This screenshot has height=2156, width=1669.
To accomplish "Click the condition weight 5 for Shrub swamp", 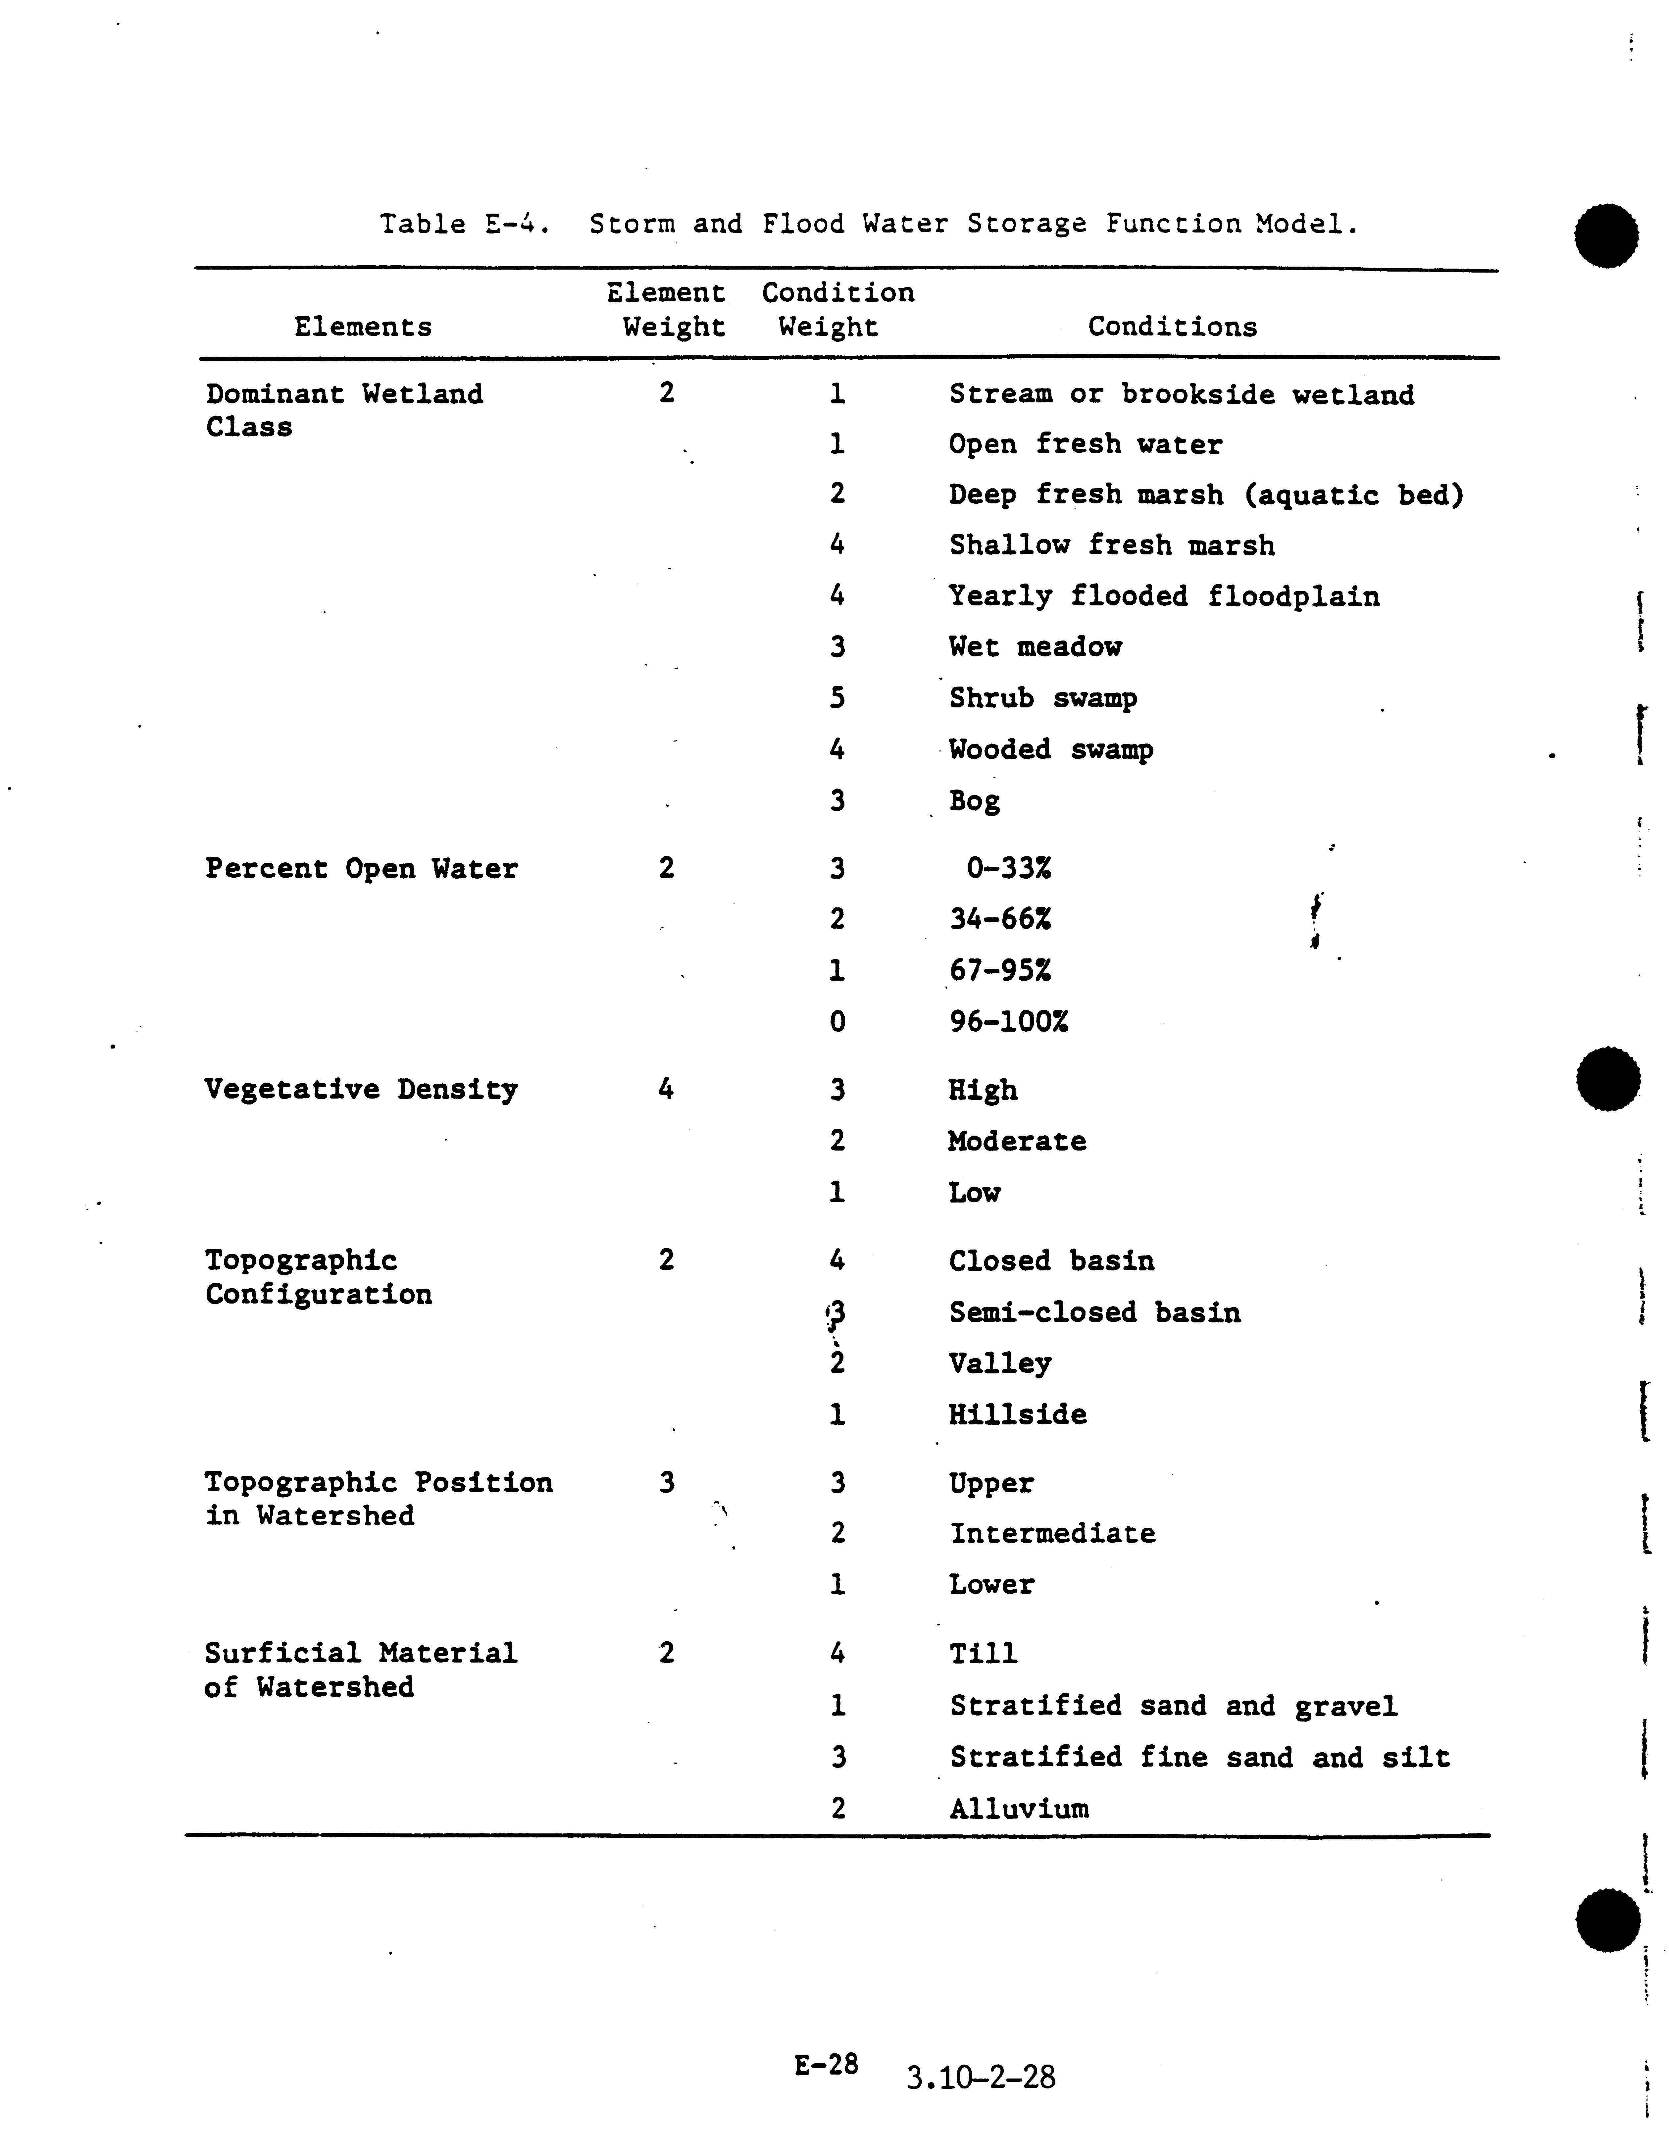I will tap(837, 698).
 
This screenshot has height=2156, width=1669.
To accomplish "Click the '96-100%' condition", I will tap(1008, 1021).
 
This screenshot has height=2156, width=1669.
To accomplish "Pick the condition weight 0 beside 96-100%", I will tap(837, 1021).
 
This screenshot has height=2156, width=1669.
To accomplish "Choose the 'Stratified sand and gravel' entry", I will tap(1173, 1706).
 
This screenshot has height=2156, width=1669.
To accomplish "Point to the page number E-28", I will tap(826, 2064).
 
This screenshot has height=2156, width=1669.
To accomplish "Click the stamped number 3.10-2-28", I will tap(980, 2078).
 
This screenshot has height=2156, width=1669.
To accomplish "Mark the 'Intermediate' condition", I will tap(1052, 1533).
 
